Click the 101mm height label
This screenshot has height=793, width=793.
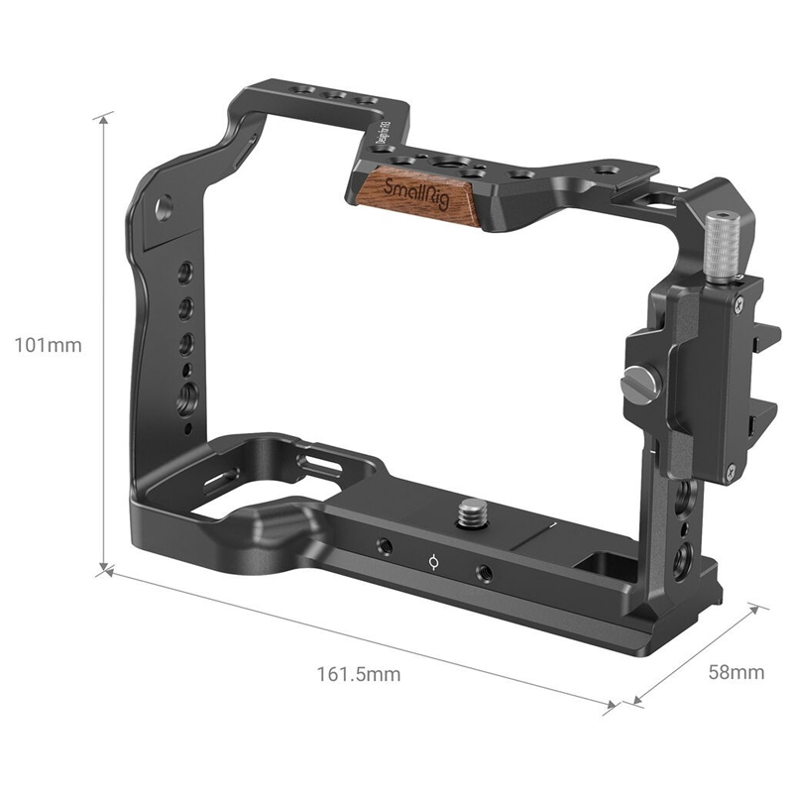tap(48, 346)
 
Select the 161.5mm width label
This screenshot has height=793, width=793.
tap(359, 675)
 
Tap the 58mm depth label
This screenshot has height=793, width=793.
tap(736, 672)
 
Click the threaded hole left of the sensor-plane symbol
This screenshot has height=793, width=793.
tap(381, 545)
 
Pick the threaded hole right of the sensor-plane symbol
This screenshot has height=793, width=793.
tap(485, 572)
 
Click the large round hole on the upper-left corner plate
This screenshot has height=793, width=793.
tap(163, 205)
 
